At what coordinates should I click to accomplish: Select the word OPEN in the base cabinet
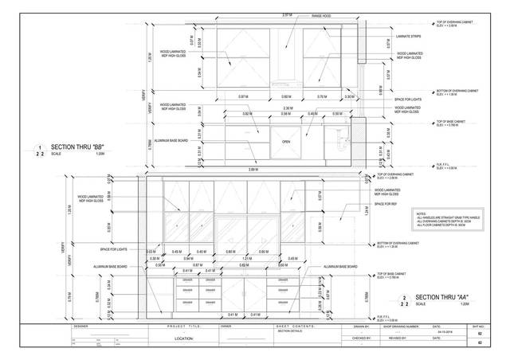[x=285, y=142]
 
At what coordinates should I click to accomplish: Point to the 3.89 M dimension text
[x=253, y=170]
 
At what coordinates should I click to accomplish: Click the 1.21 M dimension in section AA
[x=247, y=258]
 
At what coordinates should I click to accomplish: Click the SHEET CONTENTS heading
[x=292, y=326]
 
